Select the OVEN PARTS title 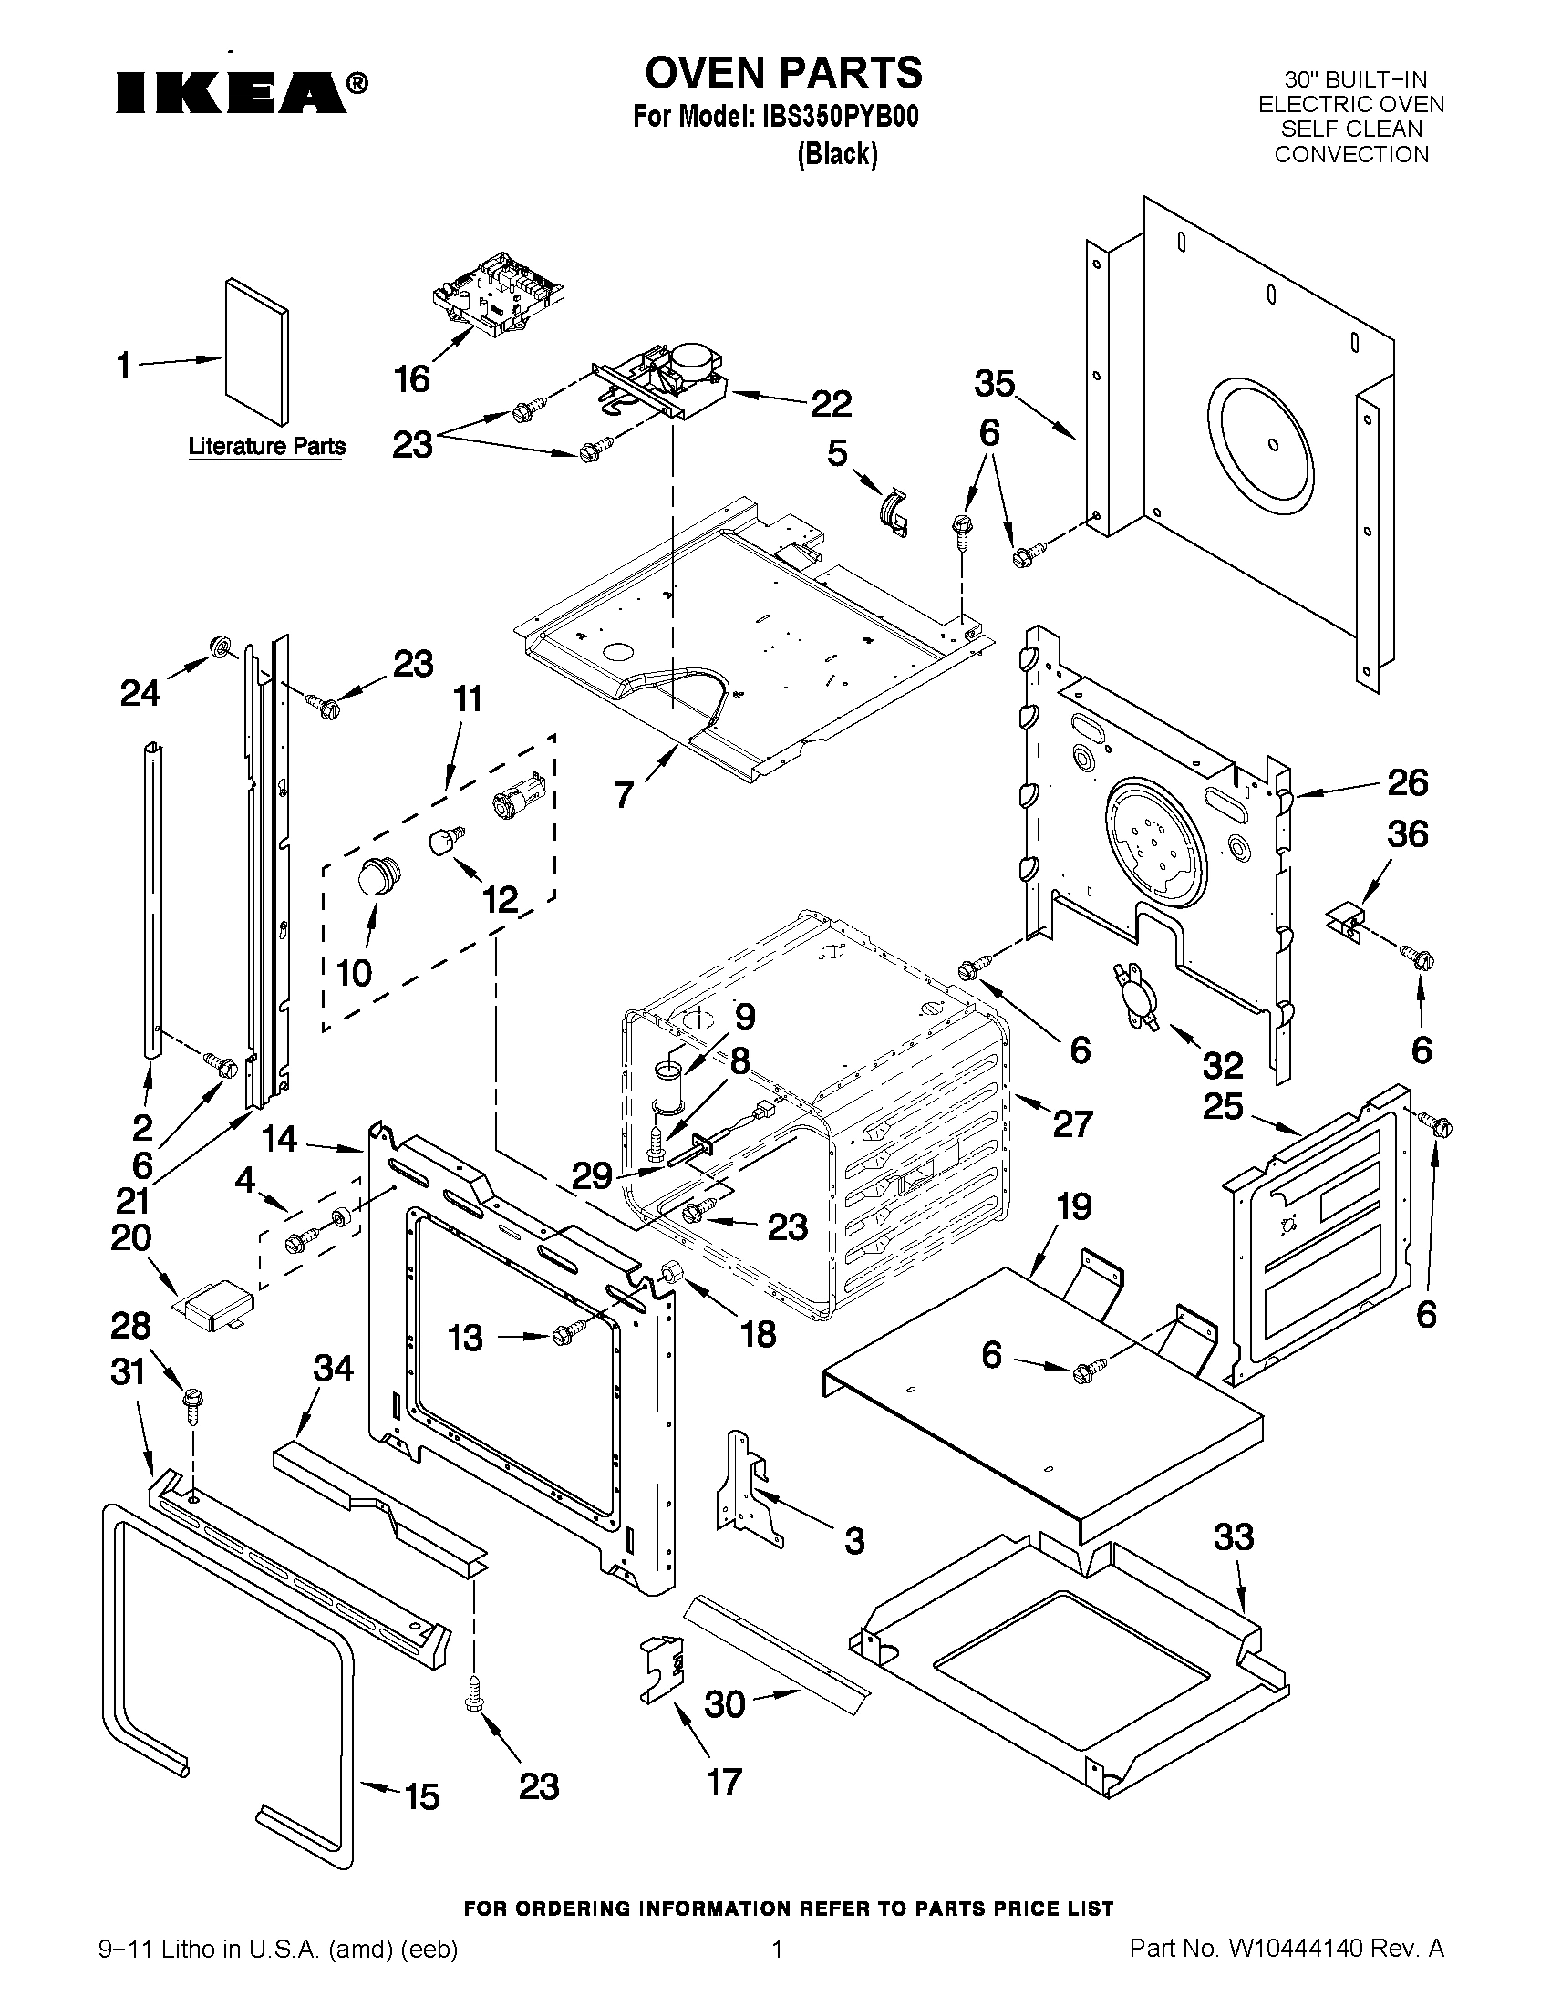(x=783, y=72)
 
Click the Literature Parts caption (x=267, y=447)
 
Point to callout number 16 (x=410, y=378)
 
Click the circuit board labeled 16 (x=497, y=294)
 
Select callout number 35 (x=994, y=384)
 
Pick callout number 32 (x=1223, y=1065)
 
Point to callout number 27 (x=1072, y=1123)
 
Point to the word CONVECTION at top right (x=1350, y=154)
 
